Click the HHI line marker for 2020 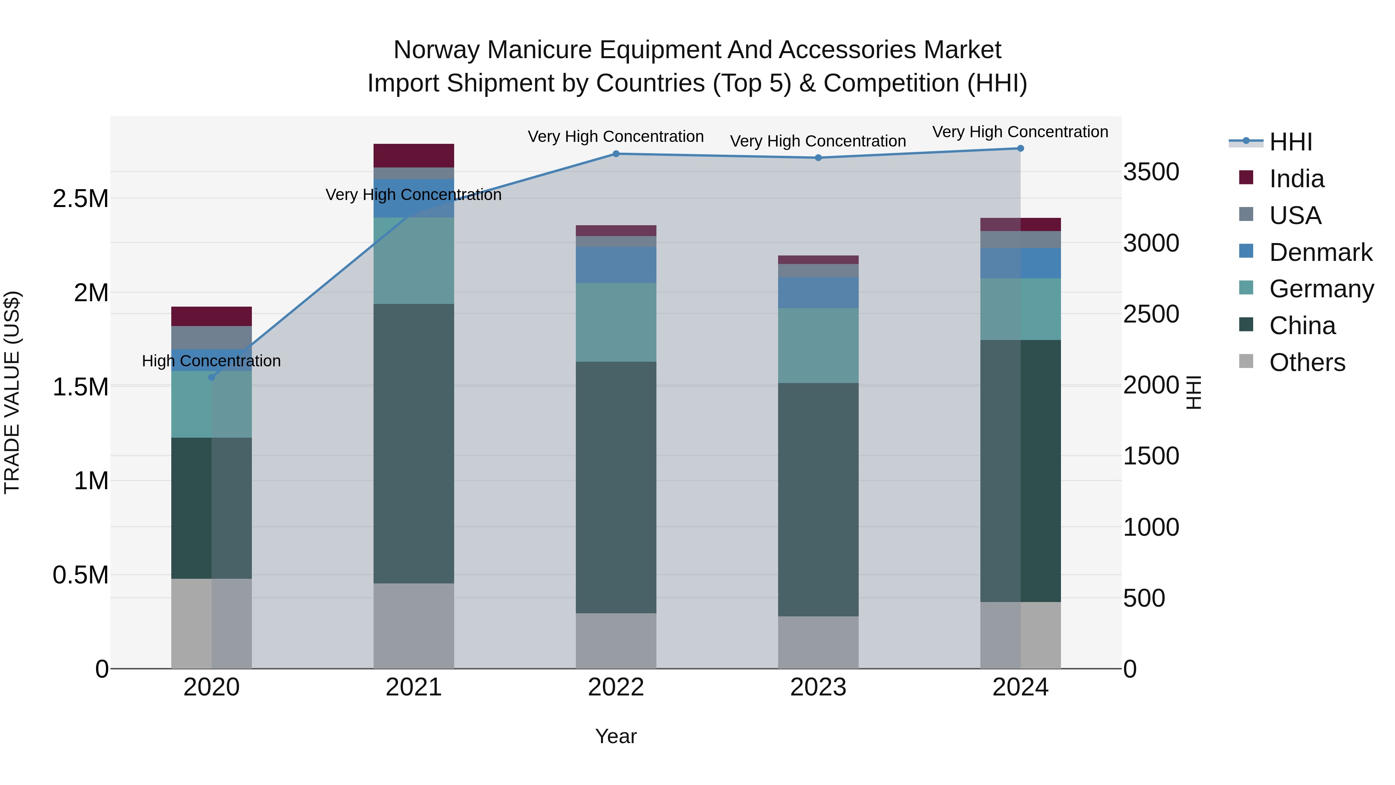[212, 377]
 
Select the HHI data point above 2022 [616, 154]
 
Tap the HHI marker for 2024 [1020, 148]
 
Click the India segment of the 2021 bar [414, 155]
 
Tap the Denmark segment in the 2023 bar [818, 293]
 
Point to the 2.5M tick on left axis [80, 199]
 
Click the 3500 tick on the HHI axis [1151, 172]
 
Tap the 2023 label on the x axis [818, 687]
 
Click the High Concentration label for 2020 [211, 361]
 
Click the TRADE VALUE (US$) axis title [12, 392]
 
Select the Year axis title [616, 736]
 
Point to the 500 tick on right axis [1144, 598]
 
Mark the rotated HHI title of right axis [1193, 392]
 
